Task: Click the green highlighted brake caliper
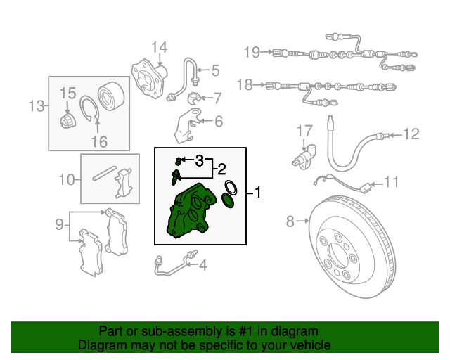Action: (191, 211)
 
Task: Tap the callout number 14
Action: (159, 47)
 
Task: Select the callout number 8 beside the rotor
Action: (290, 221)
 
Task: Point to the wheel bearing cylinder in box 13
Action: (111, 94)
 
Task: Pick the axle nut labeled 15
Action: (68, 120)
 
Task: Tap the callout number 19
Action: (252, 52)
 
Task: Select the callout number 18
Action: (245, 85)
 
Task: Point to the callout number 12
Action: (411, 134)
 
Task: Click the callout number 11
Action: (392, 182)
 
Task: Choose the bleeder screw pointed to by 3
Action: (178, 161)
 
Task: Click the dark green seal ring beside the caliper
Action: (228, 200)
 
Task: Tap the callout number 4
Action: (203, 265)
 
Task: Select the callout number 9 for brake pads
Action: (59, 224)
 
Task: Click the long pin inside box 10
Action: (105, 174)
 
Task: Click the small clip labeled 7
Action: (194, 98)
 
